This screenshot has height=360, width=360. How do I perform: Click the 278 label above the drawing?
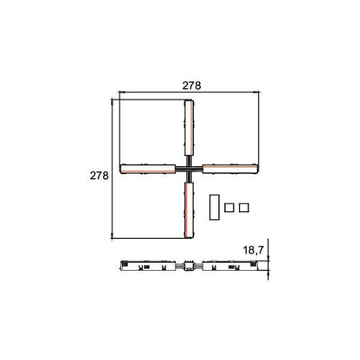pyautogui.click(x=191, y=86)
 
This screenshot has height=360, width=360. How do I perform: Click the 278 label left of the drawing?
pyautogui.click(x=100, y=176)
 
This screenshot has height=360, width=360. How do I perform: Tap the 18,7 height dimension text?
pyautogui.click(x=254, y=250)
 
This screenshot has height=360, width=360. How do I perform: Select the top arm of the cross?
pyautogui.click(x=189, y=128)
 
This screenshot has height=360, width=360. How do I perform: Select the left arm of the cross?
pyautogui.click(x=148, y=169)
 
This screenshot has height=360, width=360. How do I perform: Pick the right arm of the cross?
pyautogui.click(x=230, y=169)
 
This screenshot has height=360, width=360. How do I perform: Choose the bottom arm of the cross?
pyautogui.click(x=189, y=210)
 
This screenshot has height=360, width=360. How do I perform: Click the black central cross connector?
pyautogui.click(x=189, y=169)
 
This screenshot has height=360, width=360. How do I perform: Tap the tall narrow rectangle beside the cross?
pyautogui.click(x=215, y=208)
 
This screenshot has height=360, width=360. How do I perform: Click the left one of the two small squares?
pyautogui.click(x=229, y=208)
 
